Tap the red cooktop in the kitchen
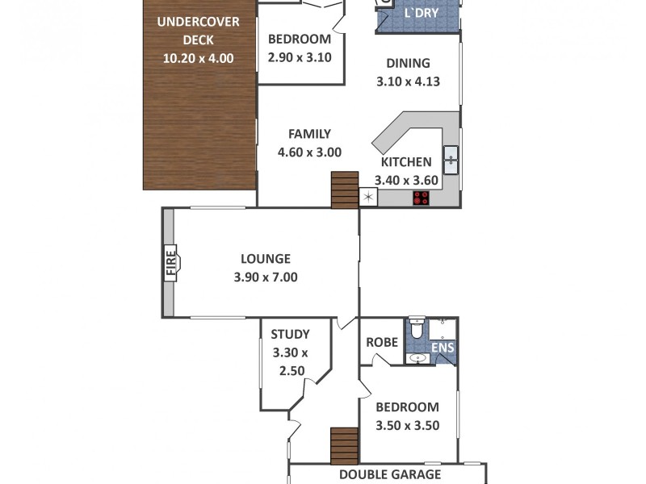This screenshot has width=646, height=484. pos(421,198)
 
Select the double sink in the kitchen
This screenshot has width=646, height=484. pos(450,160)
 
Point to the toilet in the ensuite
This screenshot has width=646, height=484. pos(417,328)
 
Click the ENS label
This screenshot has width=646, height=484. pos(443,348)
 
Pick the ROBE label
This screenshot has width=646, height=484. pos(382,342)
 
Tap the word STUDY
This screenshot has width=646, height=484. pos(290,334)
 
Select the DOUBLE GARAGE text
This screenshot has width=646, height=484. pos(390,474)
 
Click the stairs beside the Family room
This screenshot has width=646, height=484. pos(344,190)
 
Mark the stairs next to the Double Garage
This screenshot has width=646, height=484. pos(344,445)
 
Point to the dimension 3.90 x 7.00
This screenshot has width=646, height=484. pos(265,277)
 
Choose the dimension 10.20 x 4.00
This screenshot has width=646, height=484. pos(198,57)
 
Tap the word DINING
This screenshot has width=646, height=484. pos(408,64)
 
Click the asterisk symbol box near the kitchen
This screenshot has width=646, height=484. pos(369,197)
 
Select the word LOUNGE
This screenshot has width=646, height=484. pos(265,259)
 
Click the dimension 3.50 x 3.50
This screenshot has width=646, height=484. pos(408,426)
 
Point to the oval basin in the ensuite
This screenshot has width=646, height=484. pos(417,357)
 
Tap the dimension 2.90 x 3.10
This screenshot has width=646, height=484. pos(300,57)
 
